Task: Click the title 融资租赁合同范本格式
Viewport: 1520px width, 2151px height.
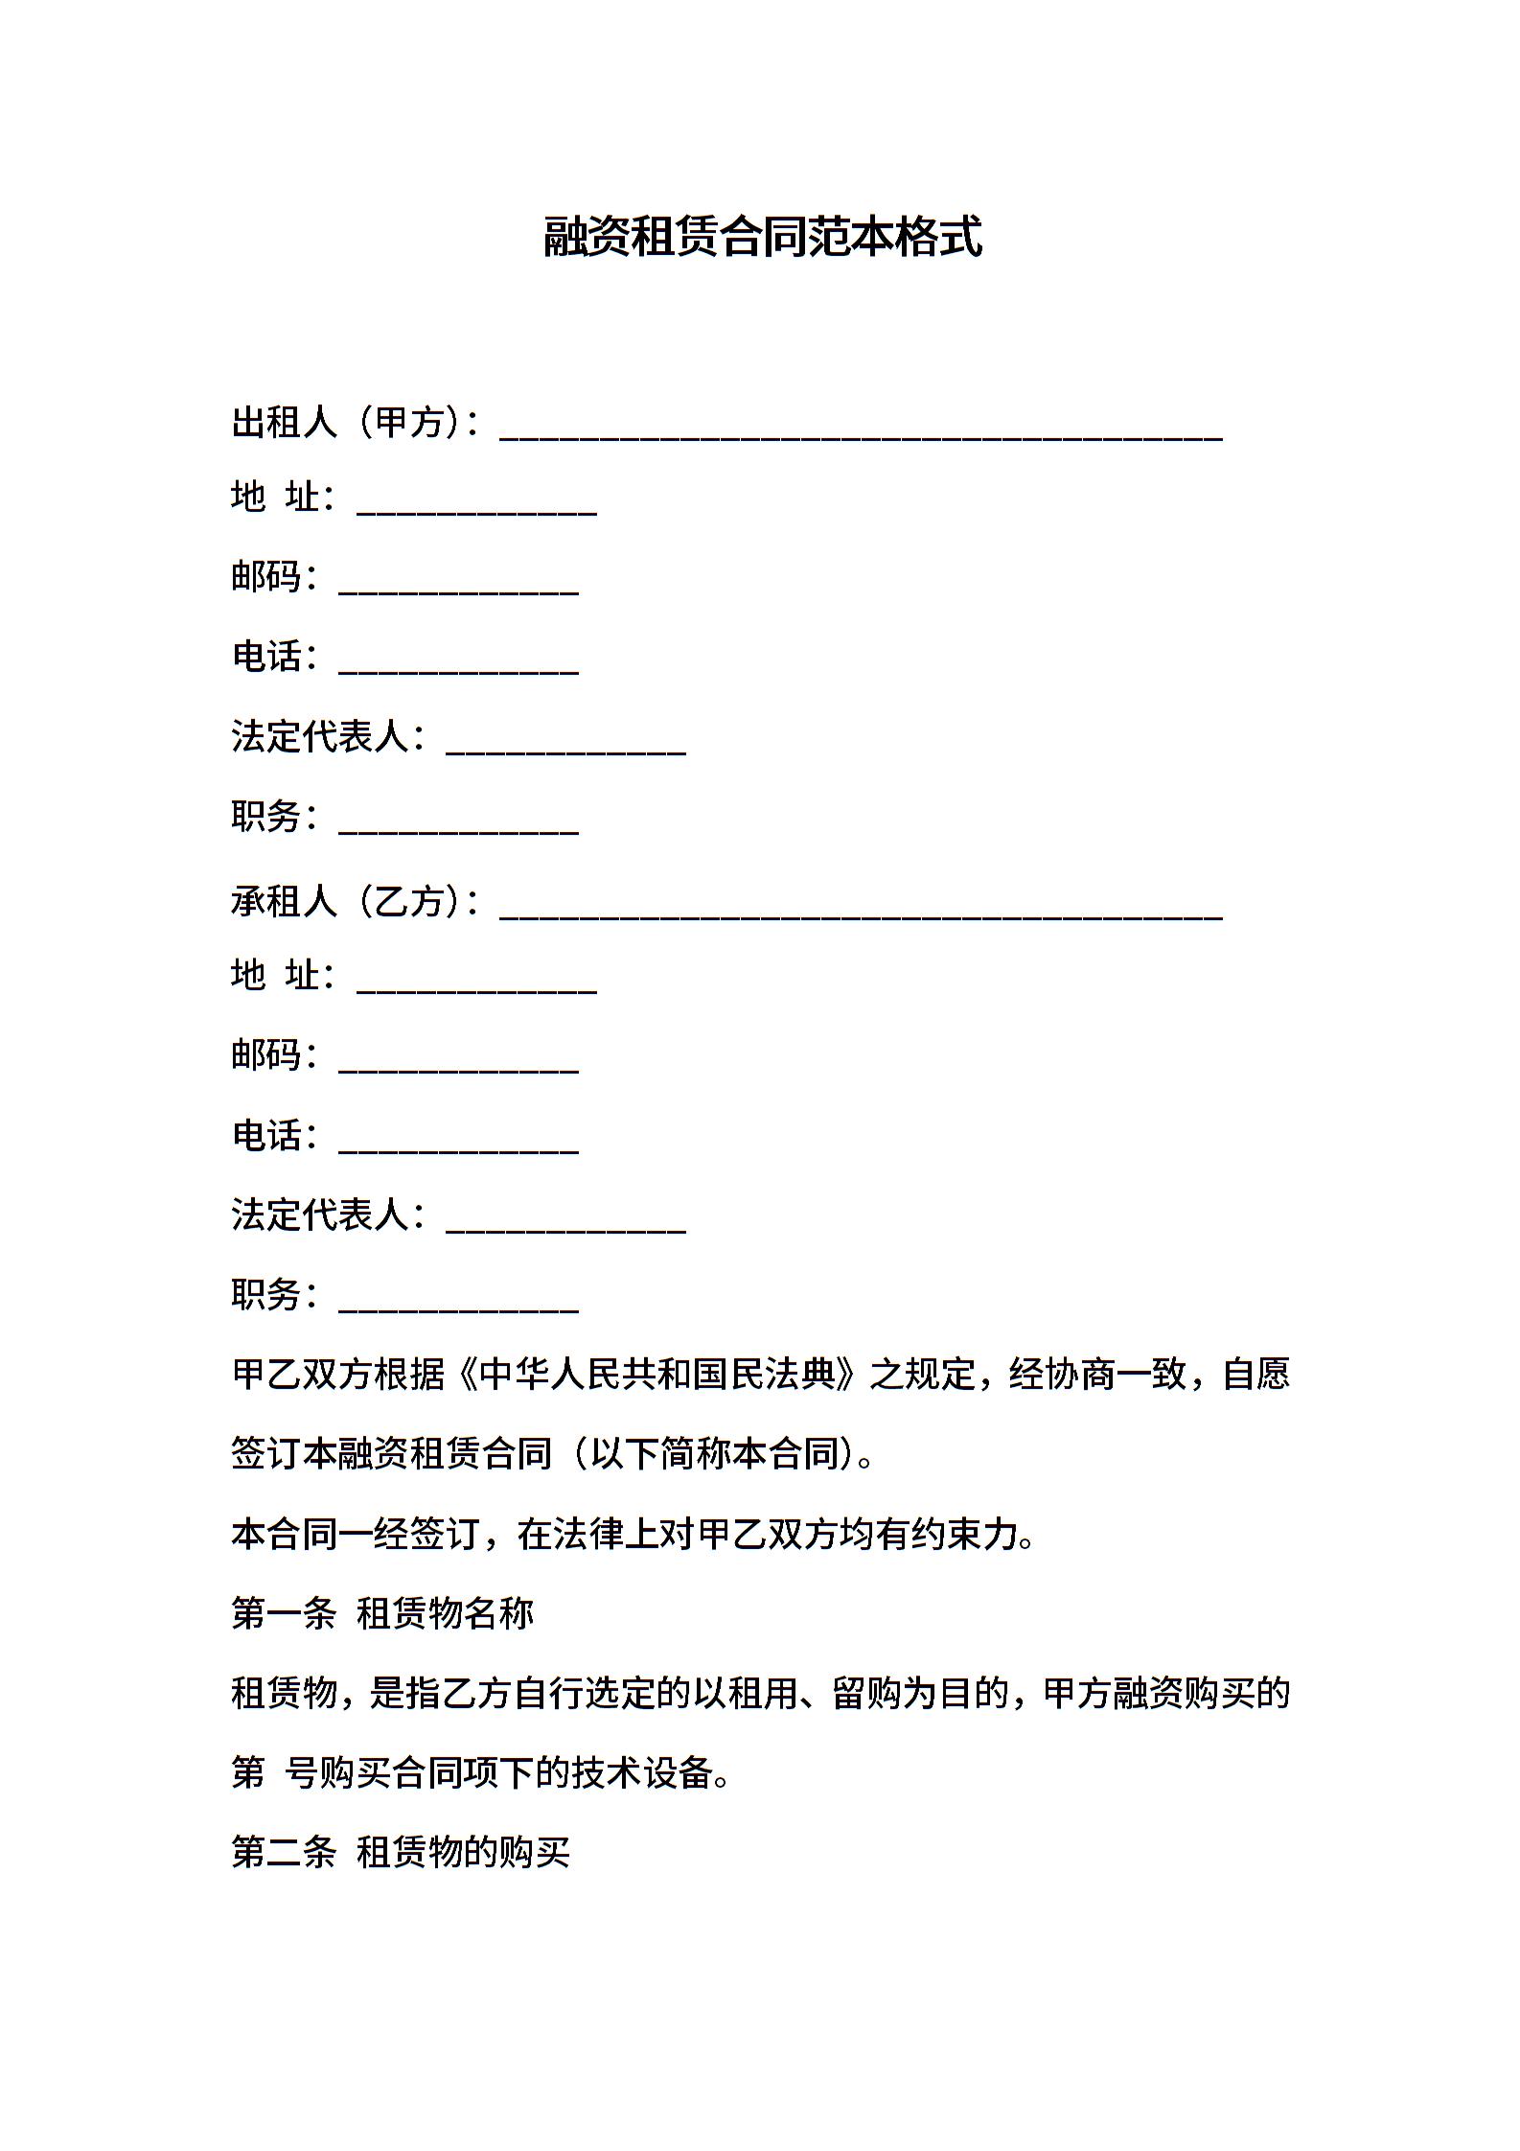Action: (763, 237)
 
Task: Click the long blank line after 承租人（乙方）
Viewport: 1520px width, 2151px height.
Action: (861, 912)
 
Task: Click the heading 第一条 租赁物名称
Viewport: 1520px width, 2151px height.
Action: (382, 1613)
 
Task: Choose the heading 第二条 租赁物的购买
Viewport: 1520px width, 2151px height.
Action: (401, 1853)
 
